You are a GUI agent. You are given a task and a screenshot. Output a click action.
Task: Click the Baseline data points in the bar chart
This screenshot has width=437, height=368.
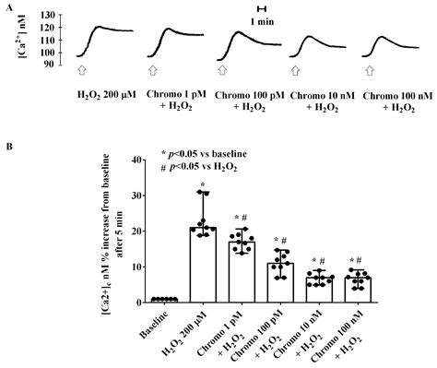166,299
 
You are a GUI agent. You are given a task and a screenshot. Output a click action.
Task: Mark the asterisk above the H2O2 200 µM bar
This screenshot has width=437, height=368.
204,184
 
